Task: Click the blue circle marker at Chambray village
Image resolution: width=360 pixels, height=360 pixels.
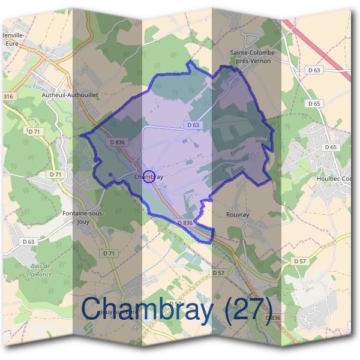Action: pos(151,176)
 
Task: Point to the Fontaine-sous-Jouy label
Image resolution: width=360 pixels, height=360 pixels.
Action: pos(83,217)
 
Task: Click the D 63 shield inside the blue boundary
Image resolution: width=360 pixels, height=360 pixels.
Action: pos(193,125)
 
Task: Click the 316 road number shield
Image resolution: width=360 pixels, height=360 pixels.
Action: pos(8,97)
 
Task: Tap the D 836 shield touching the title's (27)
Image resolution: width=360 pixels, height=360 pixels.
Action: pos(271,317)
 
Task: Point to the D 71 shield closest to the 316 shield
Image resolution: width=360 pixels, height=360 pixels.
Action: pos(34,130)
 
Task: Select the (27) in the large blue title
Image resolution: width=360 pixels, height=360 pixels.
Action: pos(240,309)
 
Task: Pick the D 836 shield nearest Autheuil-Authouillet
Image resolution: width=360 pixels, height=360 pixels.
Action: pos(117,142)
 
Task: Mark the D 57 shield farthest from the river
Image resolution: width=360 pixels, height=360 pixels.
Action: pos(300,262)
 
